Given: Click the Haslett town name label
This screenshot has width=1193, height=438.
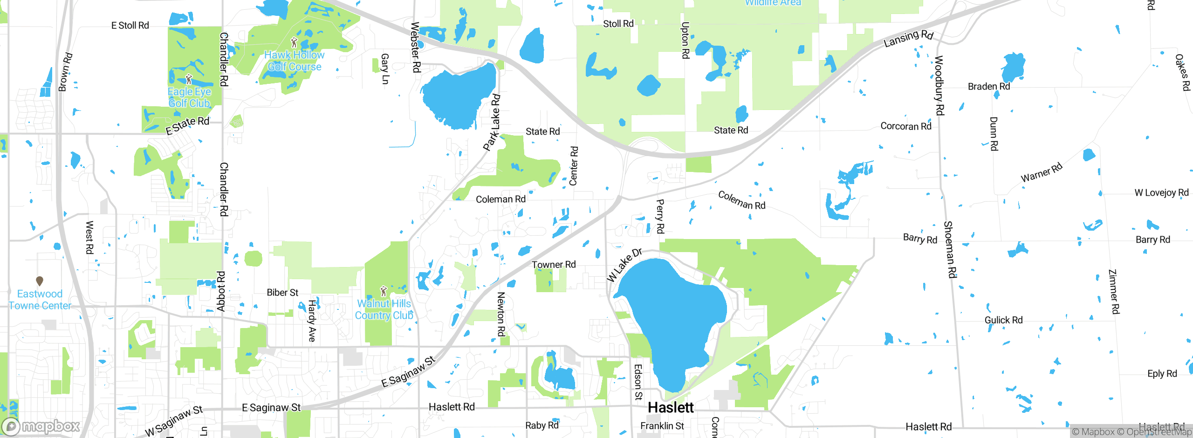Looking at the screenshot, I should point(671,407).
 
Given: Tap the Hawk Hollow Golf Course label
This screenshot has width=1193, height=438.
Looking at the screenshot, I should point(294,61).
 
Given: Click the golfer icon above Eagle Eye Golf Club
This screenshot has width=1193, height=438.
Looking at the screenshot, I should point(189,79).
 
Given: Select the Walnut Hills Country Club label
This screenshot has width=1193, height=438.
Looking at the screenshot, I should point(384,309).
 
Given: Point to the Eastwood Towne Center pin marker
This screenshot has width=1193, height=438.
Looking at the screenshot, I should point(40,281).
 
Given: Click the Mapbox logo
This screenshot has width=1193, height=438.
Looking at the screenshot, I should point(41,426).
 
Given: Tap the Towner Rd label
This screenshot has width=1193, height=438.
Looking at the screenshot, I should point(554,265).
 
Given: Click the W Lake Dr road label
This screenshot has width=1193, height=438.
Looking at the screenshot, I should point(624,265).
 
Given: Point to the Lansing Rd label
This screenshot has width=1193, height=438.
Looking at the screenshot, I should point(908,38).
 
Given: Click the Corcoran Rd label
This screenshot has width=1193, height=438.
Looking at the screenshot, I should point(905,126).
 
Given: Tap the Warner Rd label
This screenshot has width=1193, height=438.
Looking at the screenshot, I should point(1042,172).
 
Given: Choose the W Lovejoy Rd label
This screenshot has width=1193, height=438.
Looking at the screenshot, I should point(1161,192).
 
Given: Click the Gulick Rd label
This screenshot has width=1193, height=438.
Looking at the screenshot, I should point(1003,320).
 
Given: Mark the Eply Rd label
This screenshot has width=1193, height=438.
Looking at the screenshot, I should point(1162,374).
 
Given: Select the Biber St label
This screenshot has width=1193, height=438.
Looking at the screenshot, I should point(282,293).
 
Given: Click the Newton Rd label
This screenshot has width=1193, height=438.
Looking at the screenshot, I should point(501,314).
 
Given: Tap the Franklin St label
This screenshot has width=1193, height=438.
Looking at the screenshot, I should point(662,426).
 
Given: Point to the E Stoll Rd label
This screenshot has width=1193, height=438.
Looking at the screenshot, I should point(130,26).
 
